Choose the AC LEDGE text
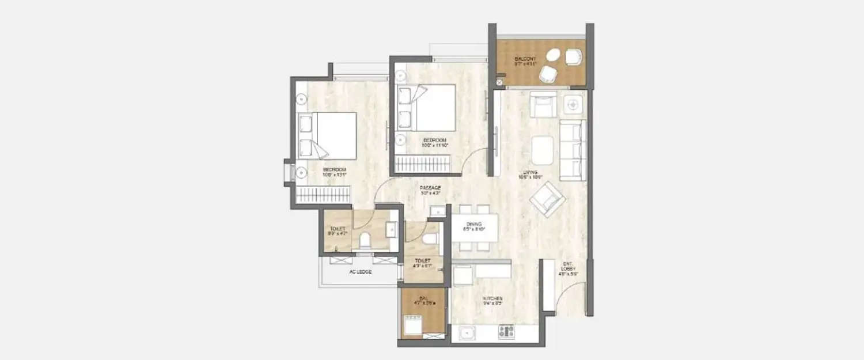coord(360,273)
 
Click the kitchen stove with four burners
coord(506,331)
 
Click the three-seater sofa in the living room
coord(572,150)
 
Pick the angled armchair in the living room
coord(548,199)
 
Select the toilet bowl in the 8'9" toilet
coord(365,241)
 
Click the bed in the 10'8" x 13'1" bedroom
coord(327,135)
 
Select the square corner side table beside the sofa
coord(573,104)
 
